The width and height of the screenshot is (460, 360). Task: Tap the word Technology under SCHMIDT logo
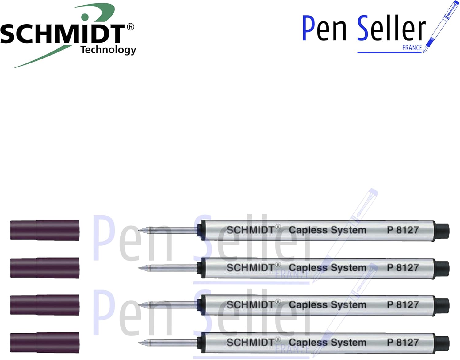[x=108, y=50]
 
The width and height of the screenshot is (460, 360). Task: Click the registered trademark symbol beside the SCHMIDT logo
[x=130, y=27]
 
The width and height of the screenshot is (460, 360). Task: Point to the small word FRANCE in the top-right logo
[x=412, y=48]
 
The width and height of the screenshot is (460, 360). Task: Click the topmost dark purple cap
[x=44, y=230]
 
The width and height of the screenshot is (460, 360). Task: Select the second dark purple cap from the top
[x=44, y=268]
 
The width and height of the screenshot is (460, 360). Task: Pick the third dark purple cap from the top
[x=44, y=304]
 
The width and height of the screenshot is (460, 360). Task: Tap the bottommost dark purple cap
[x=44, y=342]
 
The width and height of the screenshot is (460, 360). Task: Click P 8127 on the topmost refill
[x=403, y=230]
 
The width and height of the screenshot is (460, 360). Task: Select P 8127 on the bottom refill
[x=403, y=342]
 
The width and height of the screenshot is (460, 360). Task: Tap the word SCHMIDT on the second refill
[x=250, y=268]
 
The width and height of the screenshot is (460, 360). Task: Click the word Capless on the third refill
[x=308, y=305]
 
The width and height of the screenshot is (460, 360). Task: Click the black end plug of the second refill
[x=442, y=268]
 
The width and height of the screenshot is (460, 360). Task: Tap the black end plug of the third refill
[x=442, y=305]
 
